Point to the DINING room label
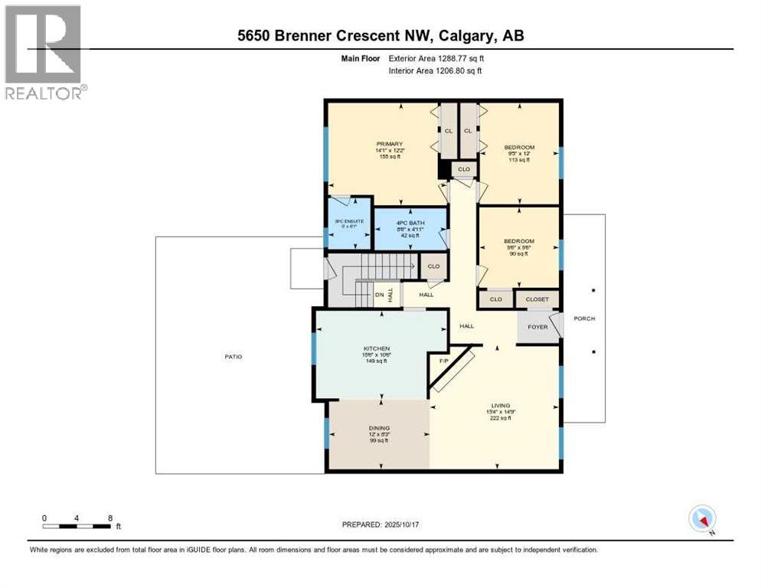379,428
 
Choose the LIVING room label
501,406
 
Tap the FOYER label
537,326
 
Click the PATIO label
233,357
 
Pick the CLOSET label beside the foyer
537,299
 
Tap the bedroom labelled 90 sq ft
518,241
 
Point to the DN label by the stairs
379,295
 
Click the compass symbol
702,518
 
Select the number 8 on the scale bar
110,518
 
